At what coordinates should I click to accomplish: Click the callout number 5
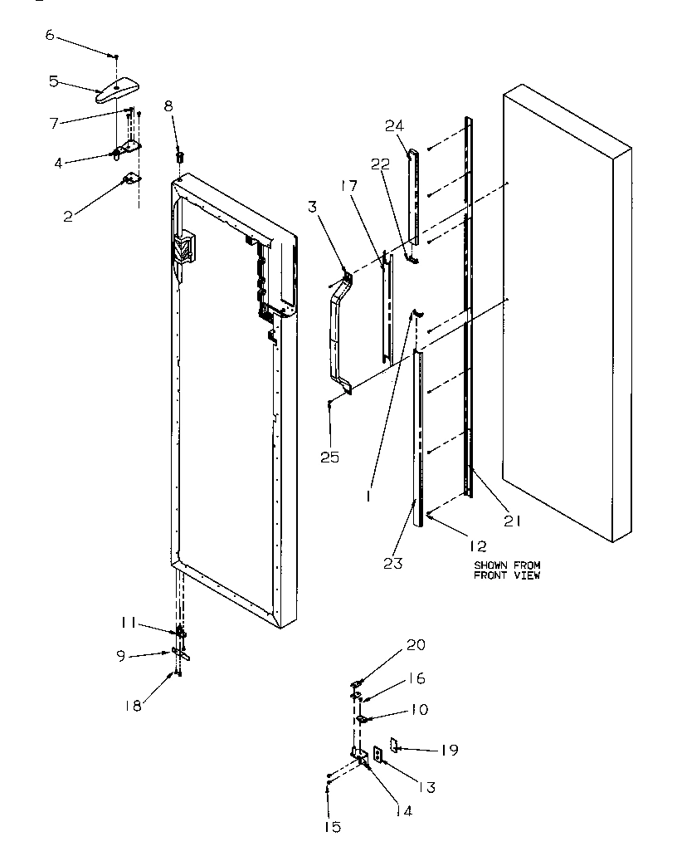tap(53, 81)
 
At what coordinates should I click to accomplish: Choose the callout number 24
tap(393, 126)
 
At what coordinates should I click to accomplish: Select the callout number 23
tap(393, 563)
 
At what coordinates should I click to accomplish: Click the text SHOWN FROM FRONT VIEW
tap(506, 570)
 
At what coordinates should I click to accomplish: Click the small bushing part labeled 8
tap(178, 155)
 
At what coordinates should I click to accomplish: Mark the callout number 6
tap(49, 34)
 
